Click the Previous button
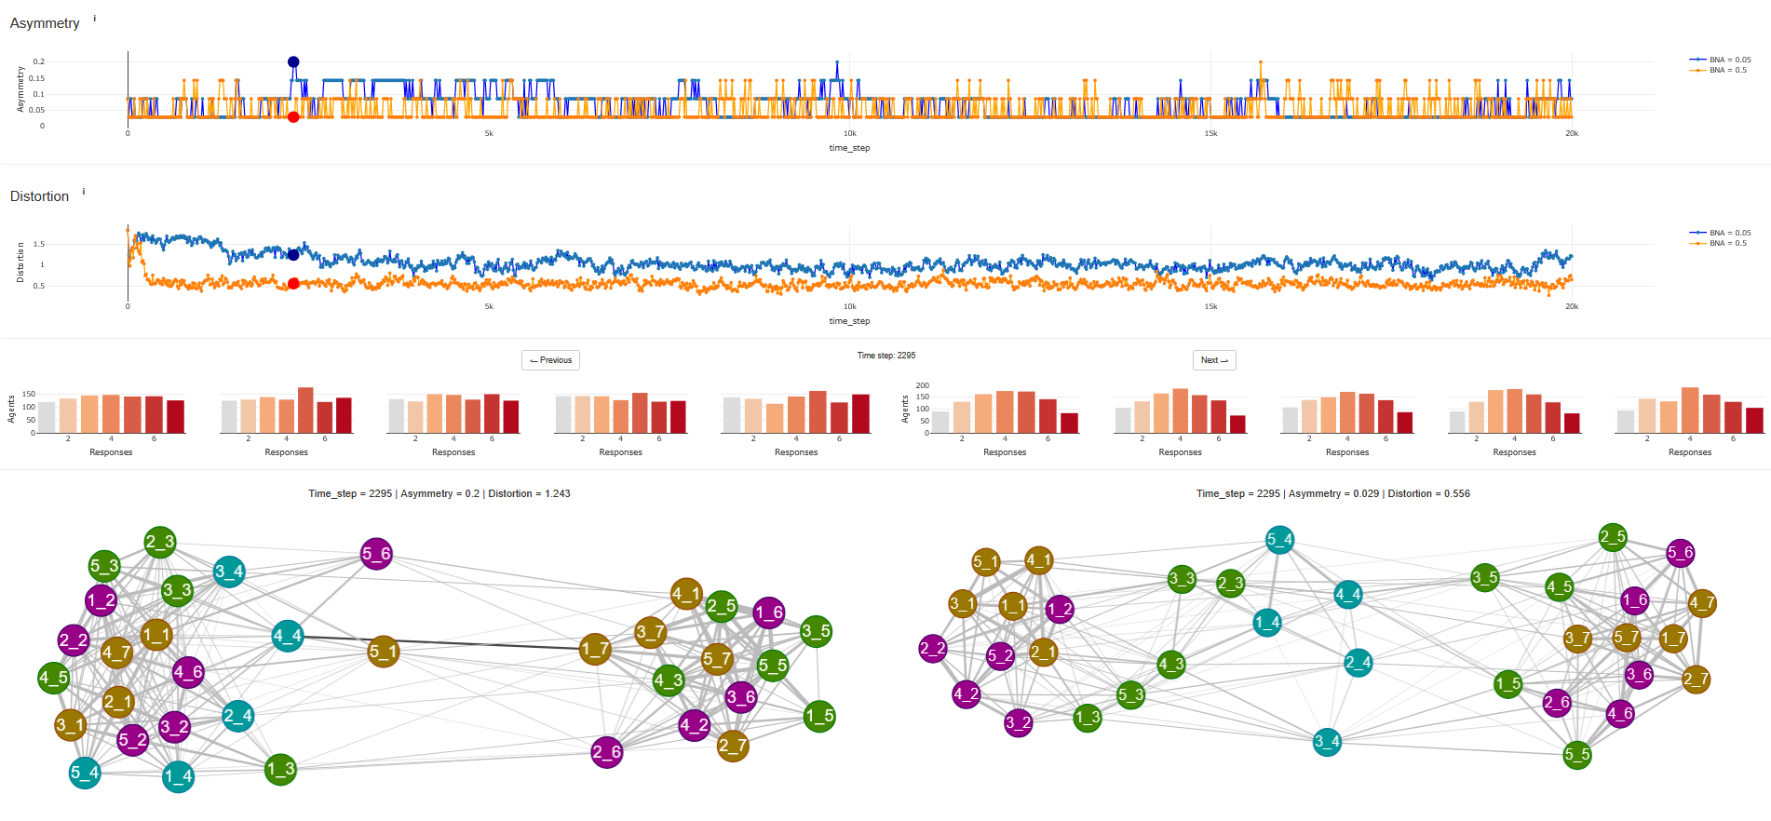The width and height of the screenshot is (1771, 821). (x=550, y=360)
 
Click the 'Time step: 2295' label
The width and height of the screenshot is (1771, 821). (x=885, y=356)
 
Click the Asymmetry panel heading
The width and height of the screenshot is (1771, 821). (x=45, y=23)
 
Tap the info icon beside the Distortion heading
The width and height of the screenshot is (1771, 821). (x=84, y=192)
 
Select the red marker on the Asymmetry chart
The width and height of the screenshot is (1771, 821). (x=293, y=117)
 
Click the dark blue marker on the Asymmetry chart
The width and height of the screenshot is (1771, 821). (x=293, y=62)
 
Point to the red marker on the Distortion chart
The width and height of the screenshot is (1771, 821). (x=293, y=284)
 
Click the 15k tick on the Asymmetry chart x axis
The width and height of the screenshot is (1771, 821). (x=1210, y=134)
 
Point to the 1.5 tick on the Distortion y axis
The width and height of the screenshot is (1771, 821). (x=39, y=245)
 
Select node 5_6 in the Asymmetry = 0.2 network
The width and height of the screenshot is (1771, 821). (x=376, y=554)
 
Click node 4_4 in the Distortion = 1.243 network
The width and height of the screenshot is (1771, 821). (x=287, y=636)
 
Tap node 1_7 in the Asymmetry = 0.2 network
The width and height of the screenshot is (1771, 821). (x=595, y=649)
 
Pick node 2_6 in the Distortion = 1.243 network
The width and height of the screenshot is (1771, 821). (x=606, y=752)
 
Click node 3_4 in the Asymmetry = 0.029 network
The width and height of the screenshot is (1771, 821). (x=1327, y=742)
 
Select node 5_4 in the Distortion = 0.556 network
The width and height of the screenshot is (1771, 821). (x=1279, y=539)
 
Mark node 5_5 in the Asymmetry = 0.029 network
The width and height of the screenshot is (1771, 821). (x=1577, y=754)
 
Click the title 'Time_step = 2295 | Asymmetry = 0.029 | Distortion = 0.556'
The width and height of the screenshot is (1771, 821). (x=1332, y=493)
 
